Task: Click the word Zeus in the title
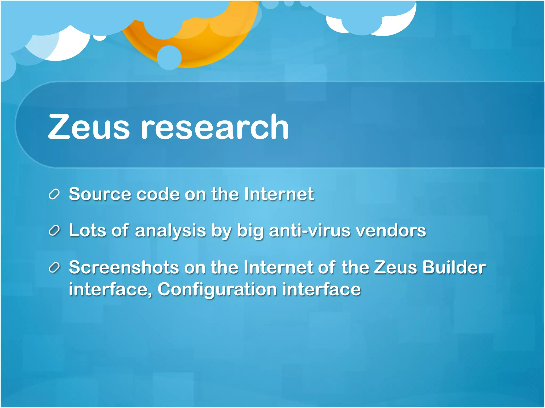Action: [x=89, y=127]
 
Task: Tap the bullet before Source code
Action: [x=54, y=194]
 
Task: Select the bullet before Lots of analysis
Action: [x=54, y=231]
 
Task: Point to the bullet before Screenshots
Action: [x=54, y=267]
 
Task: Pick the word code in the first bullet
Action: [x=158, y=194]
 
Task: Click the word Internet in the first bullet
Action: [x=279, y=194]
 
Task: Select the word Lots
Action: [x=88, y=230]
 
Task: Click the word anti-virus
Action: [x=310, y=230]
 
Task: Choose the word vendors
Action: [x=391, y=230]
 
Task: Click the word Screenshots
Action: [x=124, y=267]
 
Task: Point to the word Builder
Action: [x=454, y=267]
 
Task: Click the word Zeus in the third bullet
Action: [x=395, y=267]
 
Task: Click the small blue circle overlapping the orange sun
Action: [x=169, y=57]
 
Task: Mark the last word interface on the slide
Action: [x=321, y=289]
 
